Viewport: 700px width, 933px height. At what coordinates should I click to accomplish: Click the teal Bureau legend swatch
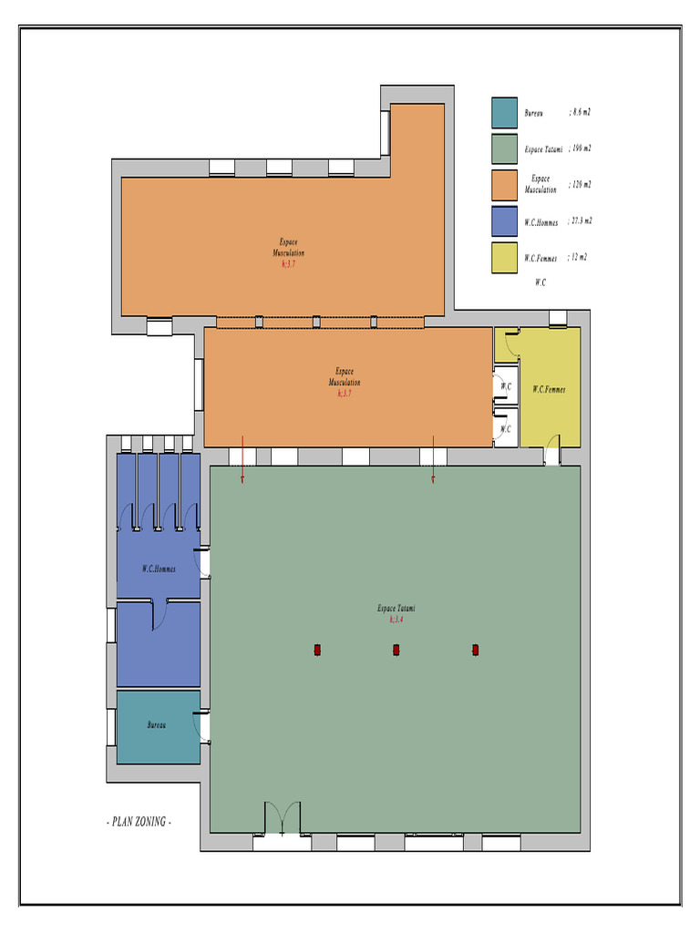[x=504, y=113]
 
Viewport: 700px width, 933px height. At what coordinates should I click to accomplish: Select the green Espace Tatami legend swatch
[x=504, y=149]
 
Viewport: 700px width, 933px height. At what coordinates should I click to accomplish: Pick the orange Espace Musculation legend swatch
[x=504, y=185]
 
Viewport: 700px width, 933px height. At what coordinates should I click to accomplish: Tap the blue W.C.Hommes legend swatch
[x=504, y=221]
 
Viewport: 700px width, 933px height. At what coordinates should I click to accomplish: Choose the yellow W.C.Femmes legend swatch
[x=504, y=258]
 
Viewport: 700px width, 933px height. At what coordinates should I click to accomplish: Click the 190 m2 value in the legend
[x=581, y=148]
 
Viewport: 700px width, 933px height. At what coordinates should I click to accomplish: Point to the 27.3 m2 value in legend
[x=581, y=220]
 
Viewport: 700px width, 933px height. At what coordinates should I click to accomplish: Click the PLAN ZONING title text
[x=139, y=822]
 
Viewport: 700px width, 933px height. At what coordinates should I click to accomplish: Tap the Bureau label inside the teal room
[x=158, y=725]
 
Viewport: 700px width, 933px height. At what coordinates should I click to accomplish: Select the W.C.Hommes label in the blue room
[x=159, y=569]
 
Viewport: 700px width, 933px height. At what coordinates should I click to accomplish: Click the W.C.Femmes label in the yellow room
[x=549, y=389]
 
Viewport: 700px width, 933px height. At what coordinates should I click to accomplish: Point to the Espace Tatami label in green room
[x=396, y=608]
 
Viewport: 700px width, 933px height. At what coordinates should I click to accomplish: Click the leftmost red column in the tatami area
[x=317, y=650]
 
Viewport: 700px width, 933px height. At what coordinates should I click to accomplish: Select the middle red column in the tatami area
[x=396, y=650]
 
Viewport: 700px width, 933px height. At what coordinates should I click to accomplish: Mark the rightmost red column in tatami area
[x=475, y=650]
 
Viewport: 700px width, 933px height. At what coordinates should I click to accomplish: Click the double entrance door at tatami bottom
[x=282, y=819]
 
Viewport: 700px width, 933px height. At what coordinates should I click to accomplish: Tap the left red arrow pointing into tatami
[x=242, y=459]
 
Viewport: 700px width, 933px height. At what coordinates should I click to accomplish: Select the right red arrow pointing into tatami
[x=433, y=459]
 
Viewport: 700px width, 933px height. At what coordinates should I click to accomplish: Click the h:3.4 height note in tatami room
[x=396, y=619]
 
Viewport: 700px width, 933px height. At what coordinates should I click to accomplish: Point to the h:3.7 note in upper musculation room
[x=289, y=263]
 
